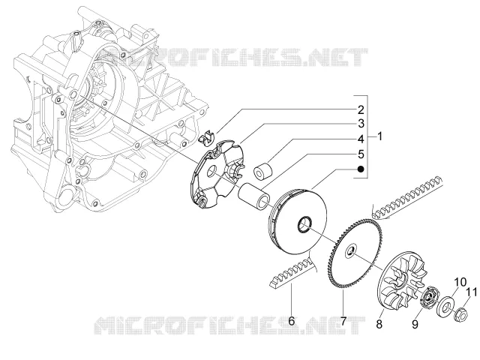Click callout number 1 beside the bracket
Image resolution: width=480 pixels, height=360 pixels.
[x=379, y=136]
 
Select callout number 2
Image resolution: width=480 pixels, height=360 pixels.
[x=361, y=109]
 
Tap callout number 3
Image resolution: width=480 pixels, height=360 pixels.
[x=361, y=124]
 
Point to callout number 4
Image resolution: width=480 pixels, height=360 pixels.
[x=361, y=139]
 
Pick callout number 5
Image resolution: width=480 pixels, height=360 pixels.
[x=361, y=154]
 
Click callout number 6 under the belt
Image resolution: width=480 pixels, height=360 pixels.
[x=292, y=321]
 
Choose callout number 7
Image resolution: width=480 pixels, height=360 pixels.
[x=343, y=321]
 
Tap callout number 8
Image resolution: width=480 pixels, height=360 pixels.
[x=379, y=323]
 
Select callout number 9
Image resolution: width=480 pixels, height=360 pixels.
[x=415, y=324]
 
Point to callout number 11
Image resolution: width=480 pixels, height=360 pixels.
[x=472, y=292]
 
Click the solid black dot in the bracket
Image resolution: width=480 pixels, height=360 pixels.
[x=361, y=169]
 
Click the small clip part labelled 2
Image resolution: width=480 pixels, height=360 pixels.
[x=206, y=136]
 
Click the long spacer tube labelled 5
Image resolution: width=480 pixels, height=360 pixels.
[x=254, y=196]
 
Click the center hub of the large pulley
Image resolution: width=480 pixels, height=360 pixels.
[x=304, y=224]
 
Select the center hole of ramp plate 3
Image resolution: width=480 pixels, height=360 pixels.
[x=211, y=172]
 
